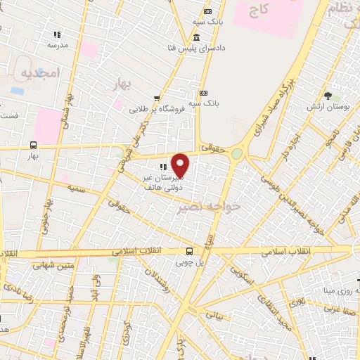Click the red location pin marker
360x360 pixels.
click(x=181, y=166)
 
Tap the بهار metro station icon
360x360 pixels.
click(x=33, y=145)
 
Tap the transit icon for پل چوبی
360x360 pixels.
click(x=188, y=251)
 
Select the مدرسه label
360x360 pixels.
click(x=57, y=44)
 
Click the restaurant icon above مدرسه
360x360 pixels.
click(x=57, y=34)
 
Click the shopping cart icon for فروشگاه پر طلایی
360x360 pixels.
click(x=156, y=99)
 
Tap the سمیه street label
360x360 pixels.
click(x=77, y=188)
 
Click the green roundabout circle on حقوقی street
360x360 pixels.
click(x=237, y=153)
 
